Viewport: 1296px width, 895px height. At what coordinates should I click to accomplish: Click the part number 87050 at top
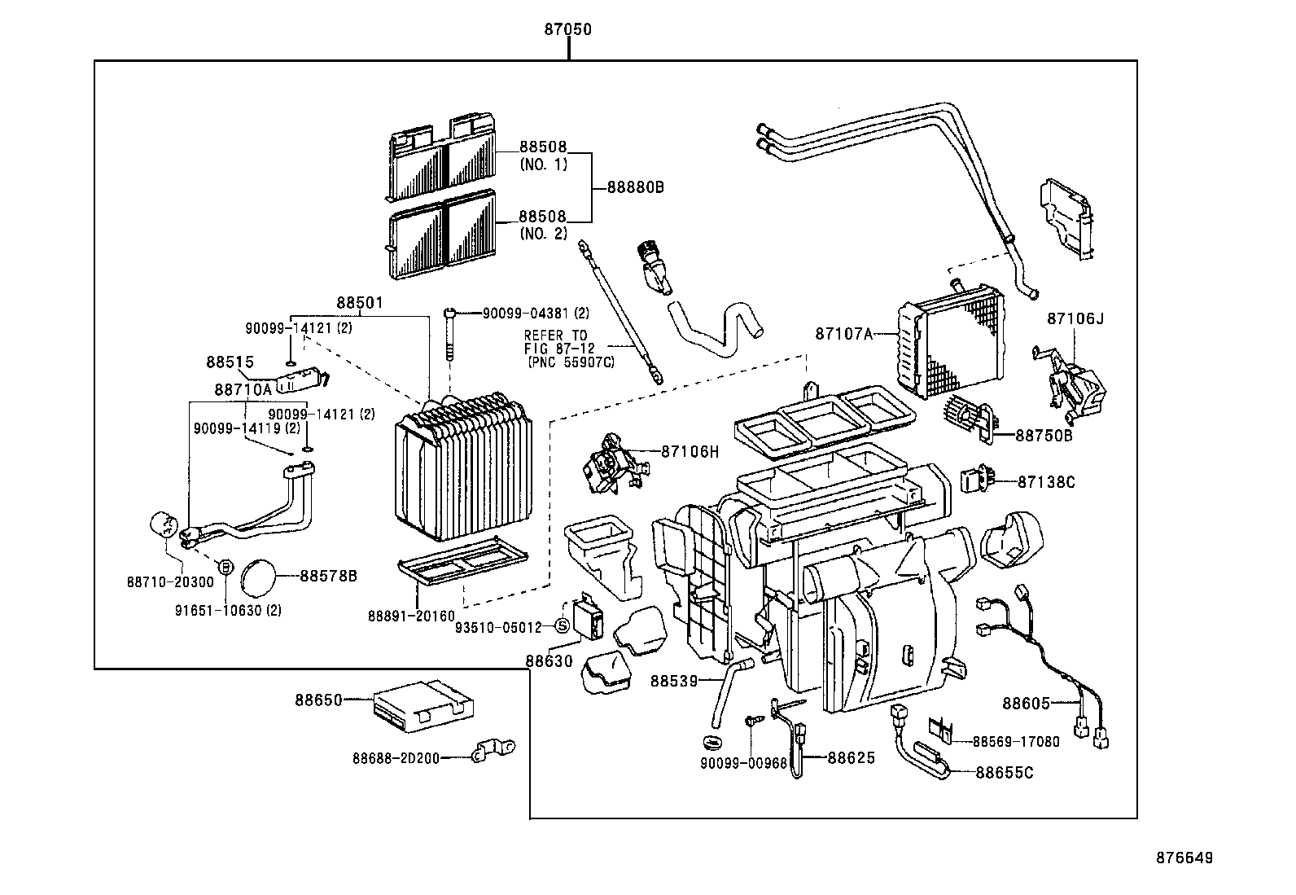point(567,30)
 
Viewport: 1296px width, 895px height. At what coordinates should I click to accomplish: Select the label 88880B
point(636,186)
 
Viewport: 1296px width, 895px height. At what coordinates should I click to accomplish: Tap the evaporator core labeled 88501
point(462,468)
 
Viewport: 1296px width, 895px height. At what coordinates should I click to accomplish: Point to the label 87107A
point(843,333)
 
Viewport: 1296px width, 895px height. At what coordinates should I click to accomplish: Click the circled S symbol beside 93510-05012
point(561,625)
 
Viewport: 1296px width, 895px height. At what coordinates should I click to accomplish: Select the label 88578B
point(329,576)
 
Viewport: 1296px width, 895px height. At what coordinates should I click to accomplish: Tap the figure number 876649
point(1184,858)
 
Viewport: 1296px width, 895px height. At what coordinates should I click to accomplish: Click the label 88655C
point(1004,772)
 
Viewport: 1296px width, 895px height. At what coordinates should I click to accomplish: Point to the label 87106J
point(1075,318)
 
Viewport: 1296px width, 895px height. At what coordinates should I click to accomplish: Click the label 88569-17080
point(1016,741)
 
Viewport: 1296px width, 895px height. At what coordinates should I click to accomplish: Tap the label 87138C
point(1046,482)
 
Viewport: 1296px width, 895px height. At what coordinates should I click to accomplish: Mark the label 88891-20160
point(411,616)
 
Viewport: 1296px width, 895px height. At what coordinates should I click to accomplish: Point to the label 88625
point(852,757)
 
